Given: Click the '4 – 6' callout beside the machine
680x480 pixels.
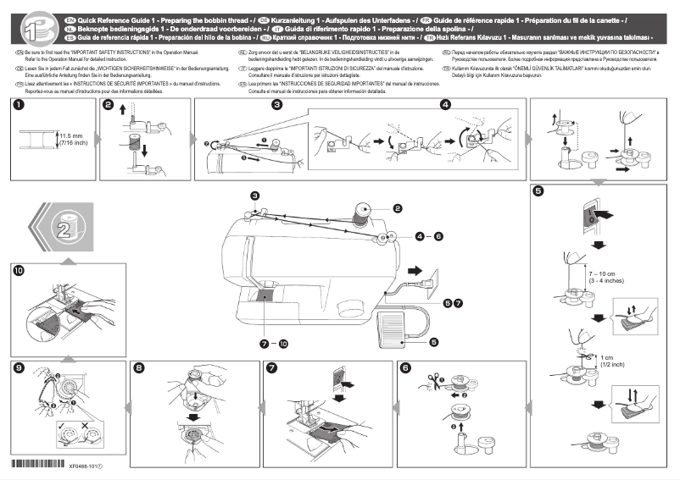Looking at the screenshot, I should point(430,237).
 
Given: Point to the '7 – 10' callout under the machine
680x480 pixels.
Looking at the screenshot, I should point(274,344).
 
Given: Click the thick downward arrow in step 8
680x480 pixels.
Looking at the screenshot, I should point(194,416).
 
